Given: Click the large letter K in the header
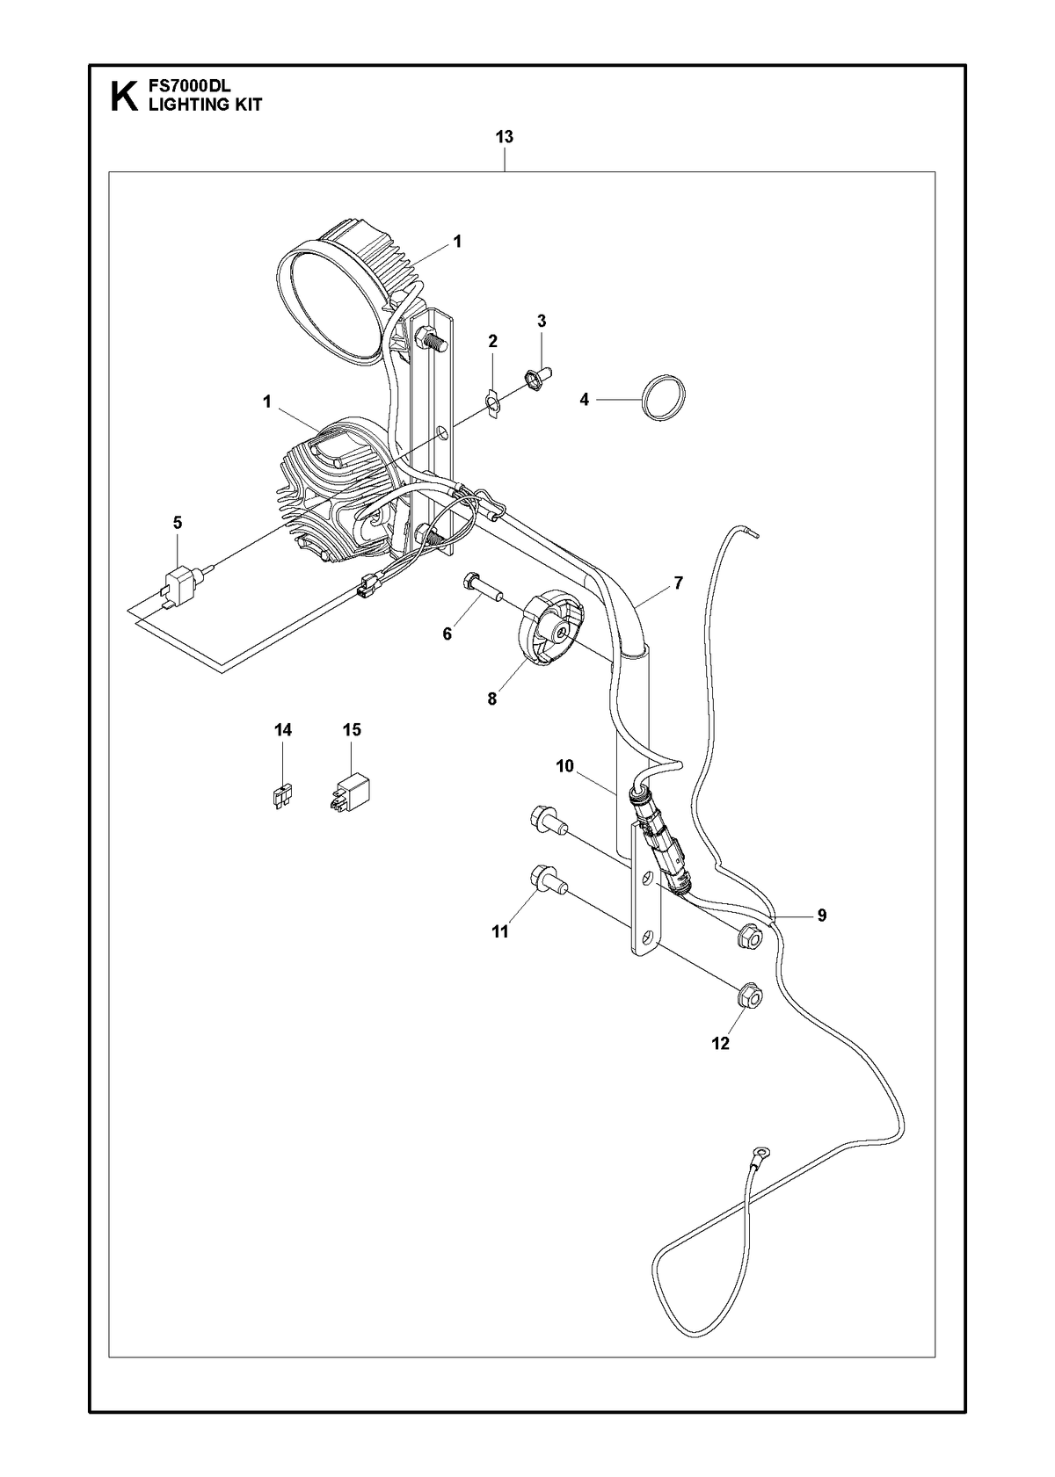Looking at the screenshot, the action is [x=125, y=97].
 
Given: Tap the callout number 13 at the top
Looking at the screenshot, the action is [x=504, y=137].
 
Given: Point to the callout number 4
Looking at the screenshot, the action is [x=584, y=400].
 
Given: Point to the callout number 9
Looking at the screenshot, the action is [x=821, y=916].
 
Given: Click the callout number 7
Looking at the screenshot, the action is [x=678, y=583].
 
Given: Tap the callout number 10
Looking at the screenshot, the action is [x=564, y=766].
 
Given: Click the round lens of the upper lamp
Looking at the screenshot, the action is [x=329, y=308].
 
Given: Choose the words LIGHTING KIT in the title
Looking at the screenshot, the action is [x=205, y=105].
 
